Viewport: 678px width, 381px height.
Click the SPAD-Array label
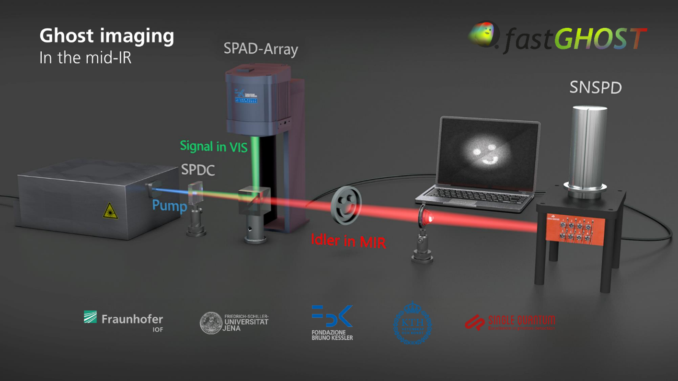261,49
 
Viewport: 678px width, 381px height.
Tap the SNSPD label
595,88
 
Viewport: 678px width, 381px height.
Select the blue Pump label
169,206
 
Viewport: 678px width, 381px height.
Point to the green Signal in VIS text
214,146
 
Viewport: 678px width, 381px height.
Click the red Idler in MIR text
348,241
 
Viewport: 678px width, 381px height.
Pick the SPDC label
198,170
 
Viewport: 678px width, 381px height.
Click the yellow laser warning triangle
110,211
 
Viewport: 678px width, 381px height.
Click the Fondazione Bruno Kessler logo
332,323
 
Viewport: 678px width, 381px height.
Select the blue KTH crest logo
412,323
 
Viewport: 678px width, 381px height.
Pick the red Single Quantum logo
510,322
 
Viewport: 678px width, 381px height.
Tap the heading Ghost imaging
106,36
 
